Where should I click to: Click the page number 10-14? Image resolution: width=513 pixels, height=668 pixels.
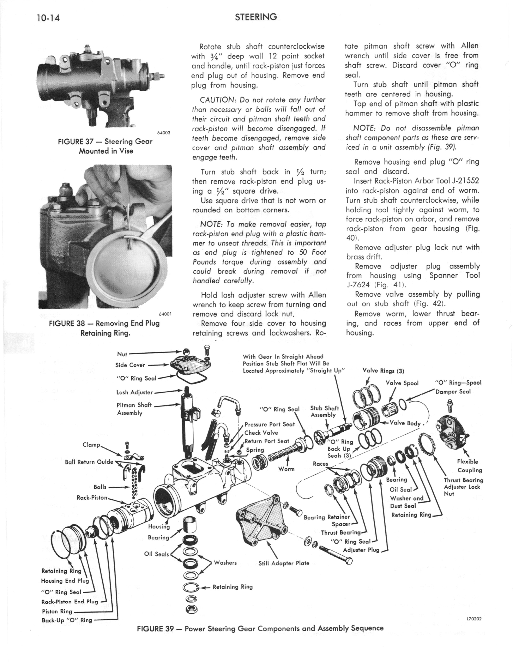click(48, 18)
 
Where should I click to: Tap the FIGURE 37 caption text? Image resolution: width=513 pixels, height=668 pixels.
click(105, 146)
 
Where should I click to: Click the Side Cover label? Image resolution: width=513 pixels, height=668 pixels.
click(130, 365)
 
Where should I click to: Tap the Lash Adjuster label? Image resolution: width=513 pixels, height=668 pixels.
click(134, 392)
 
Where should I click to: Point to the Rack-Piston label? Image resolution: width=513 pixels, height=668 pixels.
click(92, 498)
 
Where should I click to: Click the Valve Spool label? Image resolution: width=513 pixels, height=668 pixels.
click(402, 383)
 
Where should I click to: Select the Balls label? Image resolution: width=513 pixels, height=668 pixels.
click(100, 487)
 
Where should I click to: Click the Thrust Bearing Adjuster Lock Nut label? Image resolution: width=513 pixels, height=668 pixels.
click(463, 487)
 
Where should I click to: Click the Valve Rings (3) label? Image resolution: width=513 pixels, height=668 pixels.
click(383, 371)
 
